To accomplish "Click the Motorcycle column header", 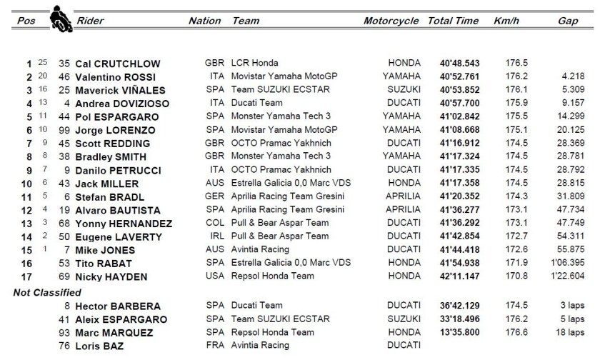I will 390,21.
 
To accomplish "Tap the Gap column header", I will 568,21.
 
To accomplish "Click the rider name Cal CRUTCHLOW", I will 119,64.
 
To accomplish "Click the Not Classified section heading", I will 47,292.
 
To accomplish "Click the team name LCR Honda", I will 255,64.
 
